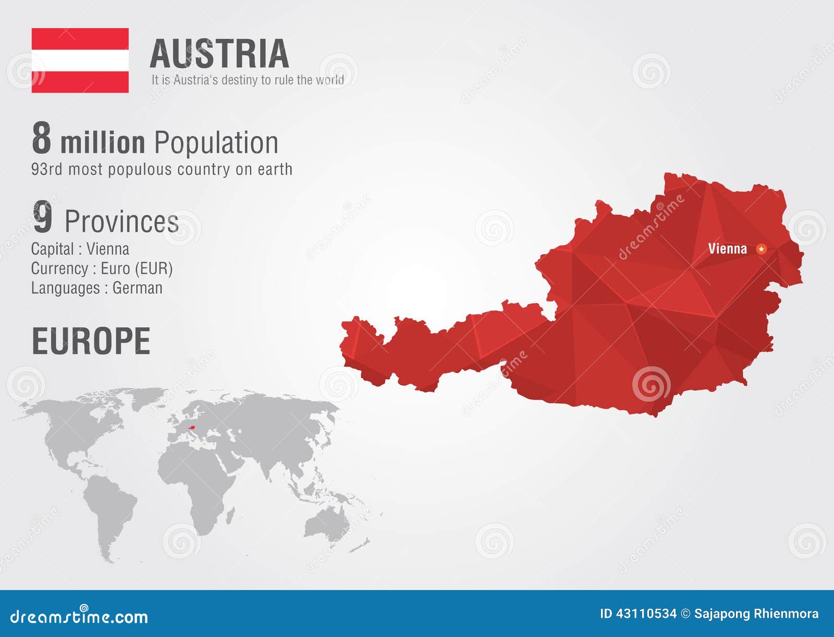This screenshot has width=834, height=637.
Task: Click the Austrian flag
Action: tap(80, 61)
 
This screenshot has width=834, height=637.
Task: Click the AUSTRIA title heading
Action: tap(219, 54)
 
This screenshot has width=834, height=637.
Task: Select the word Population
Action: tap(216, 143)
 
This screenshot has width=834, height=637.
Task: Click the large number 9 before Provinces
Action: tap(43, 218)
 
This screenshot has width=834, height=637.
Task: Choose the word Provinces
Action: tap(121, 222)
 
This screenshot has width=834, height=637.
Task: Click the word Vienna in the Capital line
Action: tap(108, 249)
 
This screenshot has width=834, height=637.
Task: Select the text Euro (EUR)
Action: tap(137, 269)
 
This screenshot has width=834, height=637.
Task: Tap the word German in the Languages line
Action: tap(138, 288)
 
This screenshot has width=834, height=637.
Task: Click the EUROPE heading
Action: tap(91, 342)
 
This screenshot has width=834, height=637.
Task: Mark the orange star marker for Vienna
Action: tap(762, 249)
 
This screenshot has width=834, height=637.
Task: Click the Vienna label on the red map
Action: tap(727, 249)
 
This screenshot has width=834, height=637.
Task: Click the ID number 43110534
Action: tap(646, 614)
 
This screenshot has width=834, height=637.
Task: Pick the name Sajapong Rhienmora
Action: tap(756, 614)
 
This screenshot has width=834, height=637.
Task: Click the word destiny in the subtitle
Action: tap(240, 80)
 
